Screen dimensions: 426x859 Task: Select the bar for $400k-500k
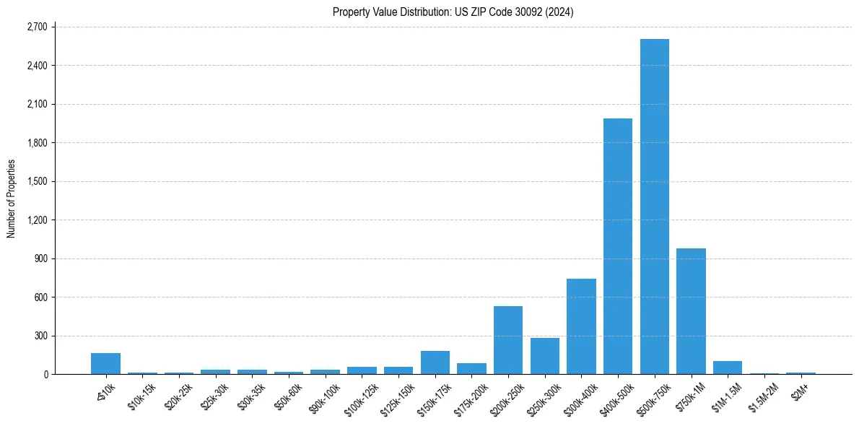tap(617, 246)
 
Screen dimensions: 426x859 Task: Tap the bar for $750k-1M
tap(691, 311)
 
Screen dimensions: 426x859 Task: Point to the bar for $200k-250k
tap(507, 340)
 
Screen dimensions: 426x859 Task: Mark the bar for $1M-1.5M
tap(728, 368)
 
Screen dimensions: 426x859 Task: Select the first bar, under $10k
tap(105, 364)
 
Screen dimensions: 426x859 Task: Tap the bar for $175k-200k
tap(471, 369)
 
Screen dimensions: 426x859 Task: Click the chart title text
tap(453, 12)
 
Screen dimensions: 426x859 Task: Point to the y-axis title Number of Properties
tap(12, 199)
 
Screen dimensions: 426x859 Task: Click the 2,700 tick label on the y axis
tap(36, 27)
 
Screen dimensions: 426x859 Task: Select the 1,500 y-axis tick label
tap(36, 181)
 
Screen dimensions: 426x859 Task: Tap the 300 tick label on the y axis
tap(40, 336)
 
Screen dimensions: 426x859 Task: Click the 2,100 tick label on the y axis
tap(36, 104)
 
